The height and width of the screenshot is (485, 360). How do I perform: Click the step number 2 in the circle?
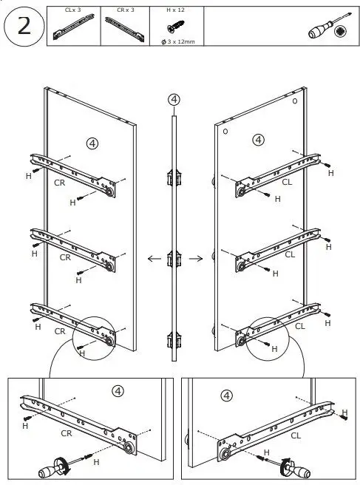[22, 27]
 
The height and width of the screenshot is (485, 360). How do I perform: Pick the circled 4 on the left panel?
[92, 143]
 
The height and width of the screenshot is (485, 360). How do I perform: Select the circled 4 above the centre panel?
[174, 99]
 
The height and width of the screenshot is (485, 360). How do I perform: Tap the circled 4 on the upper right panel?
[258, 139]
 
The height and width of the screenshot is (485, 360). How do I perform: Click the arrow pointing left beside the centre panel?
[154, 259]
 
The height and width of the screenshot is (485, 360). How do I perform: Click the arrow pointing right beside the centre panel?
[196, 259]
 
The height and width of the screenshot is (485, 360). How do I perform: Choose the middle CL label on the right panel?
[289, 254]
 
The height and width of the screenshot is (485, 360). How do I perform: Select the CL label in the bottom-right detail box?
[296, 435]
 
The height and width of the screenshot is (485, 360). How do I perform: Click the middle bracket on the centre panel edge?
[174, 260]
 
